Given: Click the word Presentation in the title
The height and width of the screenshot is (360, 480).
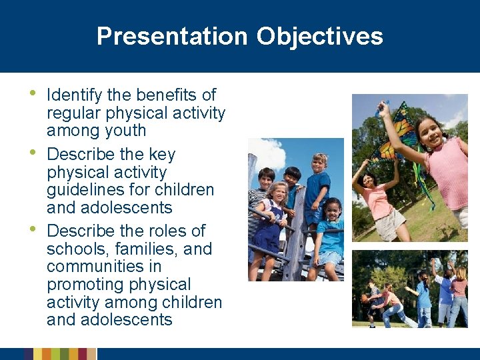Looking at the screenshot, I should pyautogui.click(x=172, y=36).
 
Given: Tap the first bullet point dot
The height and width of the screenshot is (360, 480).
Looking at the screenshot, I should pyautogui.click(x=36, y=93).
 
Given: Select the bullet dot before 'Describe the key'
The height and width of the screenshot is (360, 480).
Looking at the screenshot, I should pyautogui.click(x=36, y=153).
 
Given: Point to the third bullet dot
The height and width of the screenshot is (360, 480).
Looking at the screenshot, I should pyautogui.click(x=36, y=229).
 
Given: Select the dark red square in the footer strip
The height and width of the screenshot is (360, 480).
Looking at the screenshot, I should pyautogui.click(x=83, y=354).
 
